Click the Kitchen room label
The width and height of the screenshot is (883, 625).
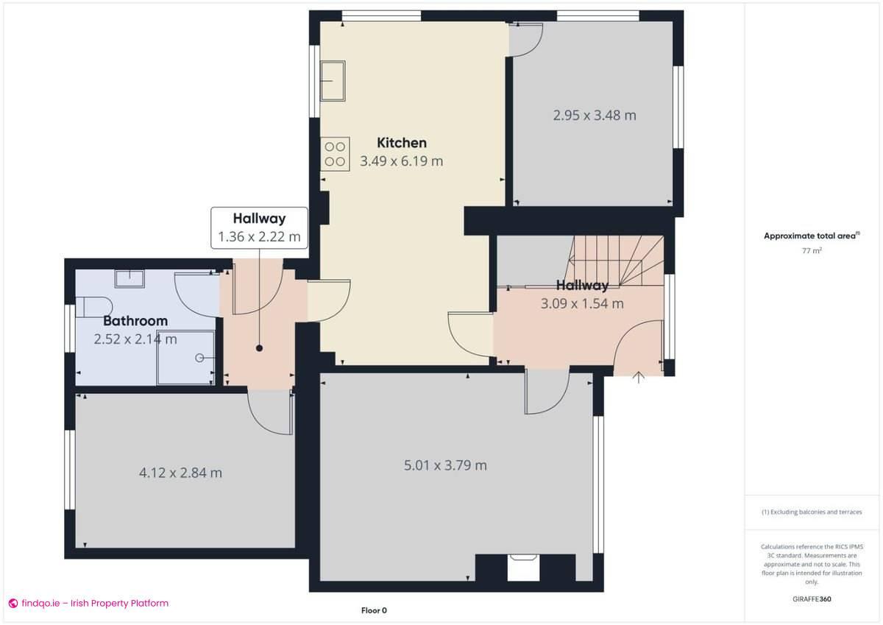click(x=401, y=143)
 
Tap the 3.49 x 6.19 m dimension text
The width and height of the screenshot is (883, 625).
click(x=401, y=160)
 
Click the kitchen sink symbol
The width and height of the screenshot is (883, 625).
click(x=334, y=80)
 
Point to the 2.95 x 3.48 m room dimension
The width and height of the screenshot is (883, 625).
click(x=594, y=115)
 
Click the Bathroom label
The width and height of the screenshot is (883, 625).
click(x=135, y=321)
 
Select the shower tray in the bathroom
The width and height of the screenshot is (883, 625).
click(x=185, y=357)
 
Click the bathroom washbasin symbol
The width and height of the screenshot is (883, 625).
click(x=130, y=279)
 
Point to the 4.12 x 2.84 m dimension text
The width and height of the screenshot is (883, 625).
click(x=180, y=473)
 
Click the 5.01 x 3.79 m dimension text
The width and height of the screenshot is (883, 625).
click(x=445, y=465)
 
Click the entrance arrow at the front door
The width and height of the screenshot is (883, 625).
click(x=639, y=378)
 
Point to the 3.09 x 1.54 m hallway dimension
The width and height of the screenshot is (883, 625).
click(x=582, y=303)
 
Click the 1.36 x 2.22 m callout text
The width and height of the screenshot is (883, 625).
click(x=259, y=237)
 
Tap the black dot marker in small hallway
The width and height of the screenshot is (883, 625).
click(x=259, y=349)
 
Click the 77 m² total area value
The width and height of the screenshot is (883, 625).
click(x=812, y=251)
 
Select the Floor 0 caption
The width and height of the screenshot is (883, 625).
click(x=374, y=610)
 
